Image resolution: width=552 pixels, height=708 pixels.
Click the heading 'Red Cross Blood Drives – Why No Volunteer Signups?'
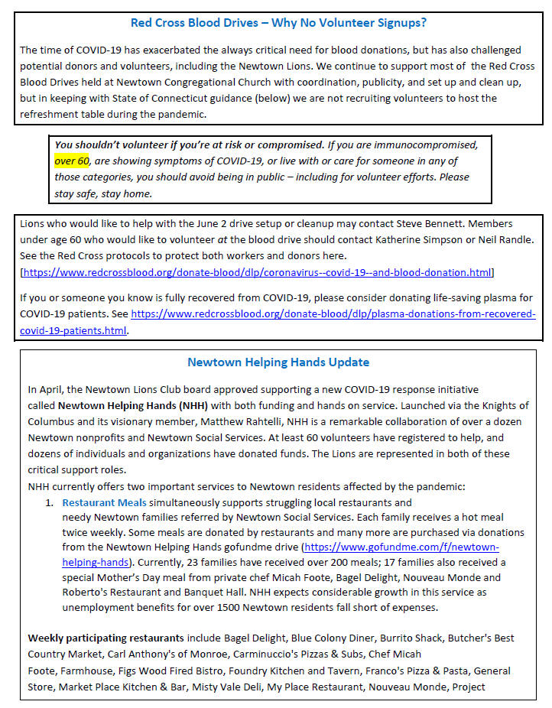coord(278,23)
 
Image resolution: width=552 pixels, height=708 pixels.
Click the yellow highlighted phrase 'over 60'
coord(73,161)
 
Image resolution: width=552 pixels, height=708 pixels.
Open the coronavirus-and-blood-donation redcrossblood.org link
coord(257,272)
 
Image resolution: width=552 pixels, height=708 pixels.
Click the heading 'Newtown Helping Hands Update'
coord(278,362)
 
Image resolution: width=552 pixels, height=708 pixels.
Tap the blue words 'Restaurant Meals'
coord(104,502)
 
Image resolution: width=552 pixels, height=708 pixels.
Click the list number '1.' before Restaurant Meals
coord(49,502)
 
